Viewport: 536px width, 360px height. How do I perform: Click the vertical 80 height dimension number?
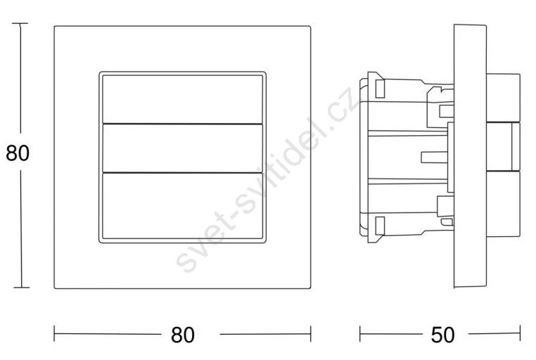(x=18, y=153)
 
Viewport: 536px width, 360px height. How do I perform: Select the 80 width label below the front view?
(x=183, y=335)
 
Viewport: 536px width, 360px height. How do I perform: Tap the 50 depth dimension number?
(x=442, y=335)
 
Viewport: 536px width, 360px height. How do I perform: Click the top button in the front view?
(x=183, y=99)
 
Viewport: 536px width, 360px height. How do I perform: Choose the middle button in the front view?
(x=183, y=148)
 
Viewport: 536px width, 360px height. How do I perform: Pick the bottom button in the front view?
(x=183, y=206)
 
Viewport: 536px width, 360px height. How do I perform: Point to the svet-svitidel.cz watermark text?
(x=266, y=180)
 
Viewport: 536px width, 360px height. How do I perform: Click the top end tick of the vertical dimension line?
(x=20, y=23)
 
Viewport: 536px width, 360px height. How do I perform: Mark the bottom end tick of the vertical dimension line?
(x=21, y=288)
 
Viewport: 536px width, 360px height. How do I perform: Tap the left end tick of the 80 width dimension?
(x=54, y=334)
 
